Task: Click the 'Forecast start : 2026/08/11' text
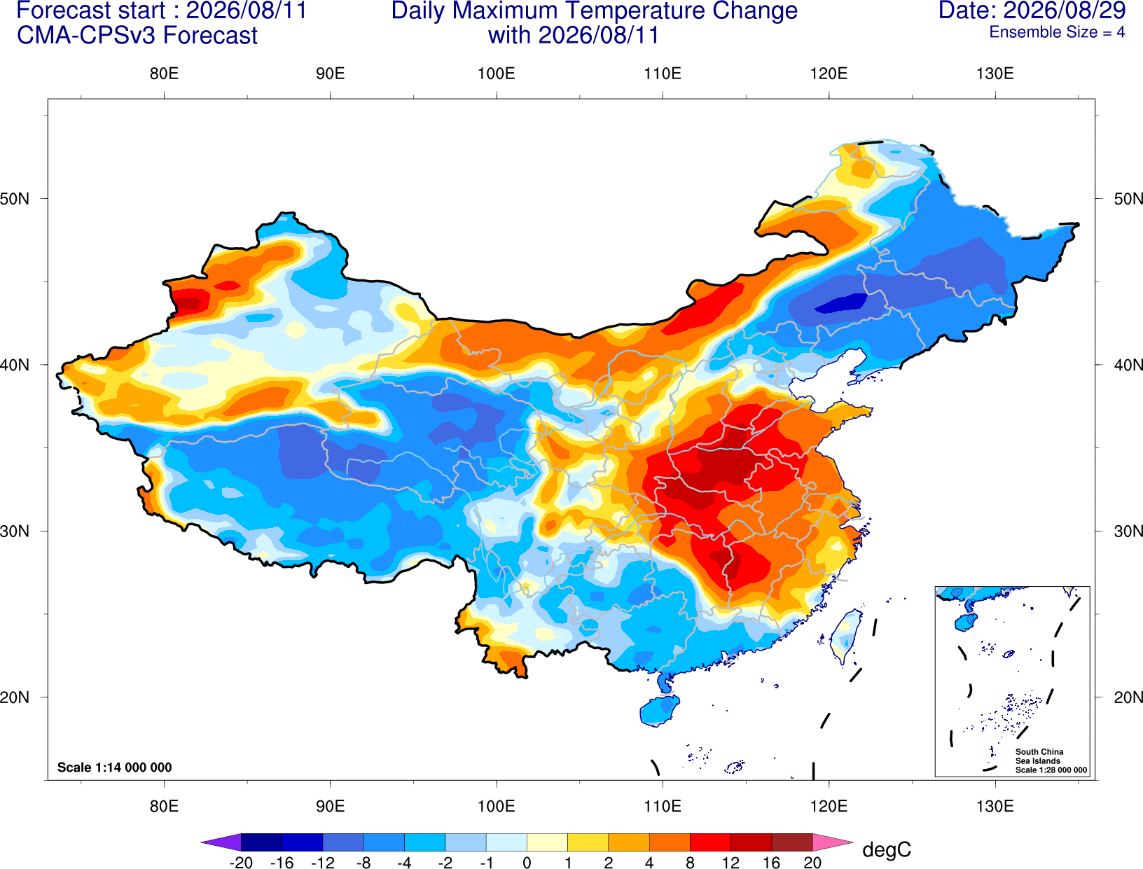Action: coord(162,10)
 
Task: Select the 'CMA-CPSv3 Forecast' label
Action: coord(137,36)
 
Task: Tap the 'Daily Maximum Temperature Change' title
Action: coord(594,10)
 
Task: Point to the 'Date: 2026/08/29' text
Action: coord(1032,10)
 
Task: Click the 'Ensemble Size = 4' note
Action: coord(1057,32)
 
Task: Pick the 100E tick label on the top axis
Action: coord(497,74)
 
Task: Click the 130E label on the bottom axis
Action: coord(995,807)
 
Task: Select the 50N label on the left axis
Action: coord(15,198)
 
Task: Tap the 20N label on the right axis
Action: coord(1128,697)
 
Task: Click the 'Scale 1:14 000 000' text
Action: coord(115,767)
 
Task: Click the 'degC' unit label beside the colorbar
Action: coord(886,849)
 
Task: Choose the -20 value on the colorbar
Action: coord(241,863)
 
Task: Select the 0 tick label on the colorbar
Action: coord(527,863)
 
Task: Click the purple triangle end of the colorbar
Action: coord(221,842)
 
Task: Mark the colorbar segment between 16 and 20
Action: coord(792,842)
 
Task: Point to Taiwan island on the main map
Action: coord(845,637)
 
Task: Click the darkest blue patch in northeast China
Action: coord(842,303)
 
